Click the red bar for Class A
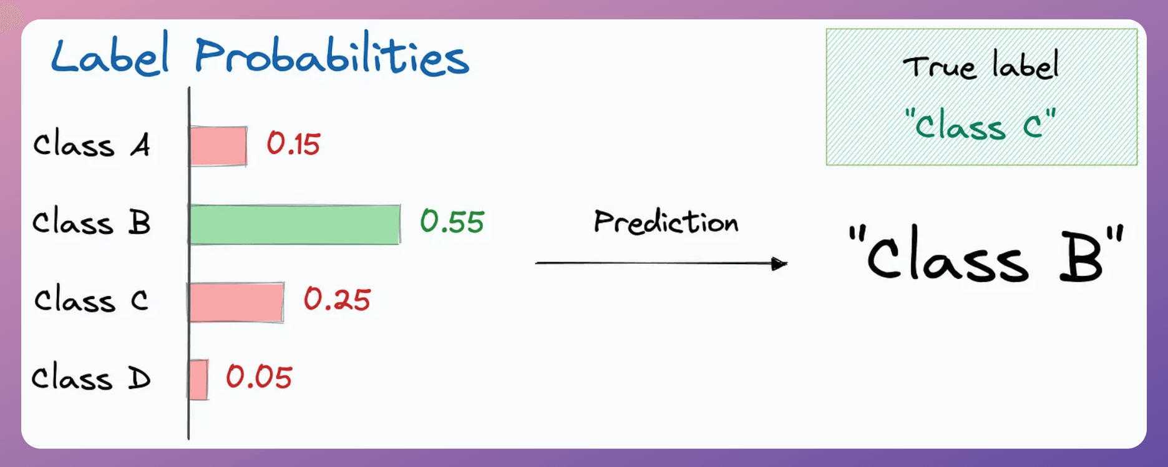pos(218,146)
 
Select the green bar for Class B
pos(295,224)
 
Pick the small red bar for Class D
pos(198,380)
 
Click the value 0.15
pos(293,144)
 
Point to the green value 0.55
pos(452,221)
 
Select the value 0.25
pos(337,299)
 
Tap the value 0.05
pos(259,376)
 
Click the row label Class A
pos(92,145)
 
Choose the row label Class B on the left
pos(92,222)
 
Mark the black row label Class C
pos(91,300)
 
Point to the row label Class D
pos(91,377)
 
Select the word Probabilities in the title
pos(332,55)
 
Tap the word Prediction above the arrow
pos(666,222)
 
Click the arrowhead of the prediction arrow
pos(780,264)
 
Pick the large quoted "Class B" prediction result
pos(986,253)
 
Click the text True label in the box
pos(981,65)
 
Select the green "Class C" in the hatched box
pos(980,124)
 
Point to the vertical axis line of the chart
pos(188,263)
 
